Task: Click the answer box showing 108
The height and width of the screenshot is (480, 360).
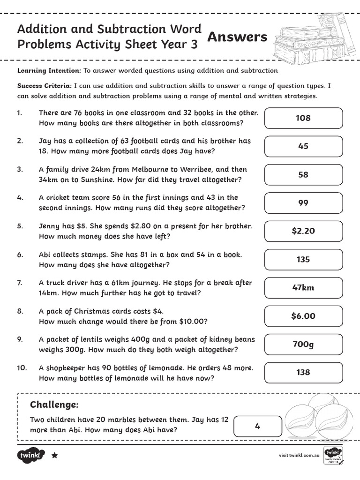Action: point(303,118)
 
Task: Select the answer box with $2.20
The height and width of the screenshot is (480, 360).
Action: point(303,231)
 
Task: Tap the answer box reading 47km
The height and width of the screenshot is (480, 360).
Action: point(303,288)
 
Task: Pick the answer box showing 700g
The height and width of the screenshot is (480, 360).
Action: point(303,345)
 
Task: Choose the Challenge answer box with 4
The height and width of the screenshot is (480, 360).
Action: point(257,427)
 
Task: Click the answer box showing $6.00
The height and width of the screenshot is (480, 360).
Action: point(303,316)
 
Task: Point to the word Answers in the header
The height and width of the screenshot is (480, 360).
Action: point(237,37)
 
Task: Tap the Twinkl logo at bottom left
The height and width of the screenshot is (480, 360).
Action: point(31,455)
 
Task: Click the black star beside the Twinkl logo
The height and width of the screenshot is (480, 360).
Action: point(54,455)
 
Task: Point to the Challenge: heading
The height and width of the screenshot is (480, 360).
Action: point(54,405)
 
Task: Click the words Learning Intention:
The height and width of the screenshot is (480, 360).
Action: point(49,71)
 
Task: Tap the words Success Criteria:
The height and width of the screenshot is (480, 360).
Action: point(45,86)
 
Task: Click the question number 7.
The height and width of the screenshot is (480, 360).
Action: point(20,283)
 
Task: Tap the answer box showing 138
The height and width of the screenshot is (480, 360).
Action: point(303,373)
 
